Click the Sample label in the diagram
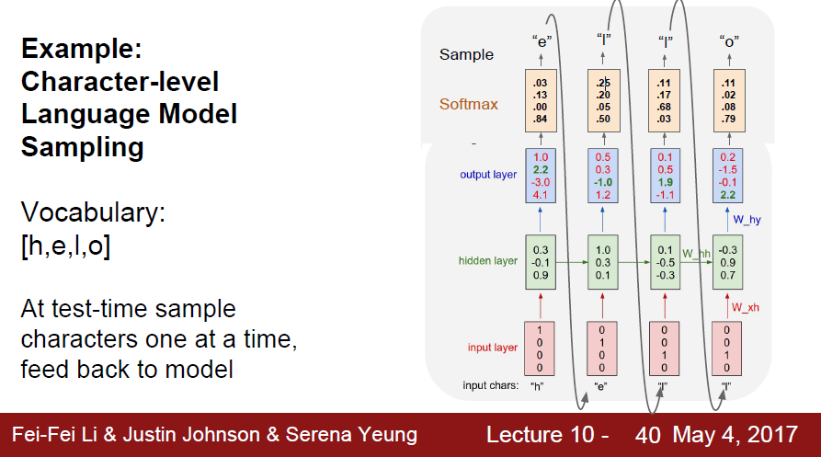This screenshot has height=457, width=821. (466, 54)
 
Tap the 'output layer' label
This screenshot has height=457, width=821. (488, 175)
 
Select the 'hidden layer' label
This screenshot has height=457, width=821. (488, 261)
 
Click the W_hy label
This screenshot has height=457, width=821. (747, 220)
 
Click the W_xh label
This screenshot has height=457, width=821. (746, 307)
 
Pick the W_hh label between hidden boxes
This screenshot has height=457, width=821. (697, 252)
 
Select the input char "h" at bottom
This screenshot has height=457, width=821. (540, 386)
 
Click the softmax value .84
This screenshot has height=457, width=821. (540, 119)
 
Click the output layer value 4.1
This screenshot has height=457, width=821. (541, 195)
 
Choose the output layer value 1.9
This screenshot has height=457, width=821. (667, 183)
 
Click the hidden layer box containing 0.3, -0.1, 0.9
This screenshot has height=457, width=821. (541, 261)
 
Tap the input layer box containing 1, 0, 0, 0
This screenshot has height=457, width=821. (541, 348)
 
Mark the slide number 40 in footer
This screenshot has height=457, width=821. (647, 435)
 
